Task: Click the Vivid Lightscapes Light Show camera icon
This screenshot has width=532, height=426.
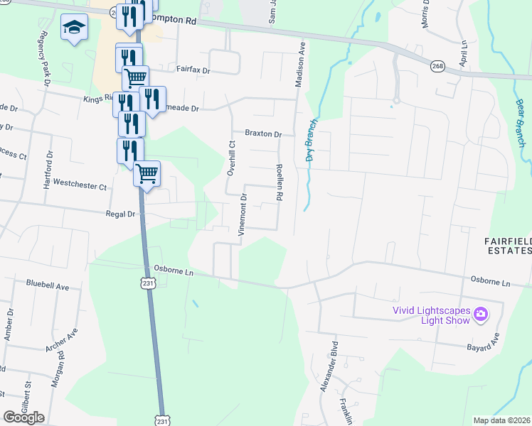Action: click(480, 313)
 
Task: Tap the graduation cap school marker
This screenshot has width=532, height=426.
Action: click(73, 28)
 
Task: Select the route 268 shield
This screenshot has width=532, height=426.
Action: click(437, 66)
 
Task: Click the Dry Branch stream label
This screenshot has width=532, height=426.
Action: click(310, 141)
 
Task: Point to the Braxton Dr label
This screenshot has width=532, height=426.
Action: click(263, 133)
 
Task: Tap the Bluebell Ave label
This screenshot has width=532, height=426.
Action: click(47, 286)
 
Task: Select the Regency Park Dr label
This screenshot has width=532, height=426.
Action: click(45, 59)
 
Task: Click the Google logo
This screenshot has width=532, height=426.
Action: click(23, 417)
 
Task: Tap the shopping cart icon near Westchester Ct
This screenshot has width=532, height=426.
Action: click(147, 173)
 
